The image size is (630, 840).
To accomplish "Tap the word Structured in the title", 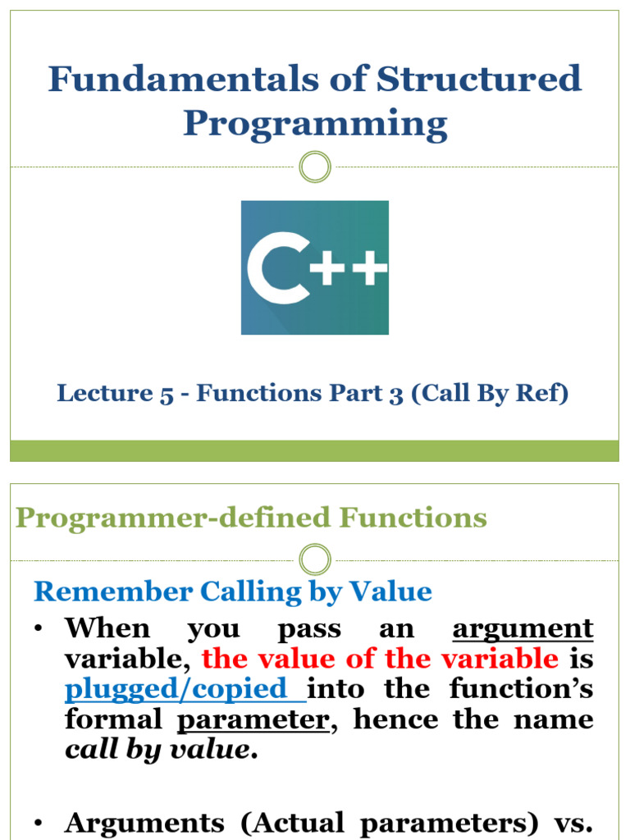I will [x=479, y=79].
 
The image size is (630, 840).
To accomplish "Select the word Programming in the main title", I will [x=315, y=124].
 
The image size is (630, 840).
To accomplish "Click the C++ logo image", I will [x=315, y=267].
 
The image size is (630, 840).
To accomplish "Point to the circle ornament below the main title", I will [x=315, y=167].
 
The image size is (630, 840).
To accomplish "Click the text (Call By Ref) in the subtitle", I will [x=490, y=394].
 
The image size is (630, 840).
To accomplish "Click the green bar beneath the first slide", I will [x=315, y=450].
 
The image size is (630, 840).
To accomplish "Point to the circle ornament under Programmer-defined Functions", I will [x=315, y=560].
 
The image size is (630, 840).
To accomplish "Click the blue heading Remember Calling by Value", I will [x=232, y=591].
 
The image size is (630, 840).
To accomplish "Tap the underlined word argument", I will [x=523, y=630].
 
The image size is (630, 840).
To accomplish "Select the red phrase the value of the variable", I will [x=380, y=660].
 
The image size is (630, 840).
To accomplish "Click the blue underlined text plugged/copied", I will [x=185, y=689].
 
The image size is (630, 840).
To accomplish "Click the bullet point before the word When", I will [x=39, y=630].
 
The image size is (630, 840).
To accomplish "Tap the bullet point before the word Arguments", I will [x=39, y=823].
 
